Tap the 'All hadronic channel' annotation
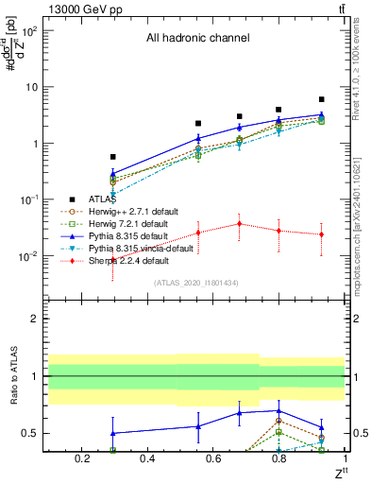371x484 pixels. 197,38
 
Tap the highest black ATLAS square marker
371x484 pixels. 322,98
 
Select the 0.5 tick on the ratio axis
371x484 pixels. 32,433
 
